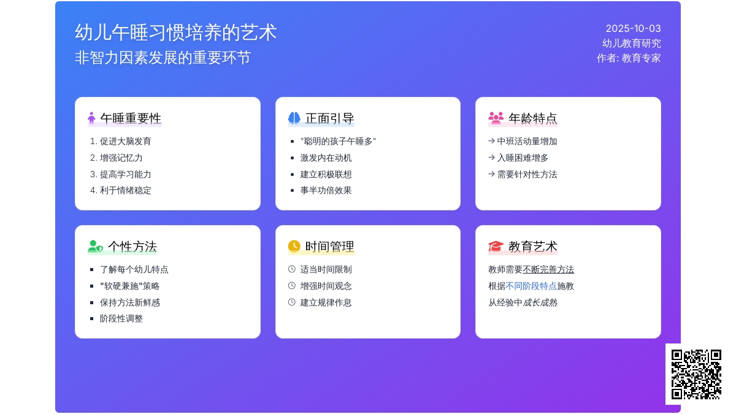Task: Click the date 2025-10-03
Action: tap(633, 29)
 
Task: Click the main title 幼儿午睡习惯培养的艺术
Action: tap(176, 33)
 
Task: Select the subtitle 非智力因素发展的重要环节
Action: tap(163, 58)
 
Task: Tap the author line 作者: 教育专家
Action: tap(629, 58)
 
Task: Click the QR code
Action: tap(696, 374)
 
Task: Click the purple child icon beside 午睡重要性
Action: tap(91, 118)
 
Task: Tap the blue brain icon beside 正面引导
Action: tap(294, 118)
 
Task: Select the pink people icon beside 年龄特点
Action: tap(496, 118)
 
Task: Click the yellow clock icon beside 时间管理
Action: tap(294, 246)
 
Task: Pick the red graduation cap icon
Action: tap(496, 246)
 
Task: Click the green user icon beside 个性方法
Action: tap(96, 246)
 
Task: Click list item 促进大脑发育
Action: tap(126, 141)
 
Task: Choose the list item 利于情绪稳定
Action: tap(126, 191)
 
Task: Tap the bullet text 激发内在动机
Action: tap(326, 158)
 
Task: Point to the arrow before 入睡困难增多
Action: tap(491, 158)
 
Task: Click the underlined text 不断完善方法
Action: tap(548, 269)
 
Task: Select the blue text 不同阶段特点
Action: tap(531, 286)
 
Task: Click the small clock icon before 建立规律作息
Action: tap(292, 302)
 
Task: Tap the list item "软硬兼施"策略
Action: tap(130, 286)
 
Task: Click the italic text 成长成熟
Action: tap(540, 302)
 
